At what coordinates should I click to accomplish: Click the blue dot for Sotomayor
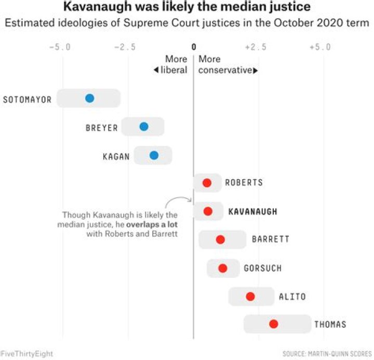[x=89, y=98]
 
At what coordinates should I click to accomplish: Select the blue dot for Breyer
[x=144, y=127]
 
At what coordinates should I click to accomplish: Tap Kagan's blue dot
[x=154, y=155]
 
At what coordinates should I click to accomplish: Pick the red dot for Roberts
[x=207, y=183]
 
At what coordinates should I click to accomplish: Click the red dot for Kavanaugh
[x=208, y=211]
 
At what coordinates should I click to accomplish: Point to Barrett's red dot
[x=220, y=239]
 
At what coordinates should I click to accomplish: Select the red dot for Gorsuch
[x=223, y=268]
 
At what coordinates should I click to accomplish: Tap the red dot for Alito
[x=250, y=296]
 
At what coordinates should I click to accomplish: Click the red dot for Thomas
[x=274, y=324]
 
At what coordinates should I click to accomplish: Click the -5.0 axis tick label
[x=60, y=47]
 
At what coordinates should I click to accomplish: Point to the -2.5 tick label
[x=125, y=47]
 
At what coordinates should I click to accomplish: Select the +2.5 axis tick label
[x=256, y=47]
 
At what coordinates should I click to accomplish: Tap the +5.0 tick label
[x=320, y=47]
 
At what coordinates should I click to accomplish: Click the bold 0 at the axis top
[x=194, y=47]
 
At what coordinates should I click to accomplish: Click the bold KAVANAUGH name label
[x=252, y=211]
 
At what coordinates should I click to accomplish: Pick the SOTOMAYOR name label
[x=27, y=99]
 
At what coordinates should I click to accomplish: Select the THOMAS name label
[x=330, y=325]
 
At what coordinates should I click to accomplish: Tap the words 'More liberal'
[x=171, y=64]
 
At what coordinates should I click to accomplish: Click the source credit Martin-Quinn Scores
[x=327, y=354]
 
